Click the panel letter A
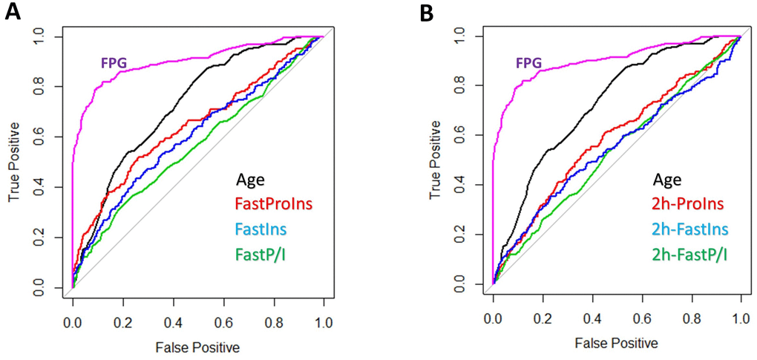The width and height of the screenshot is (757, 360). click(11, 13)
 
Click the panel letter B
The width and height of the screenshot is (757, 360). click(426, 13)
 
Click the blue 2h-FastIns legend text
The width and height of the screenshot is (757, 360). click(689, 228)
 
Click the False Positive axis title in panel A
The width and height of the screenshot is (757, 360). click(197, 347)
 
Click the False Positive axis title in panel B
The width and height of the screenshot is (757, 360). click(616, 343)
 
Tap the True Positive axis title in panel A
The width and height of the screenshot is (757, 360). click(13, 161)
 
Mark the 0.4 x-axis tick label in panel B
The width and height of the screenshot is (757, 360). click(591, 321)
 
